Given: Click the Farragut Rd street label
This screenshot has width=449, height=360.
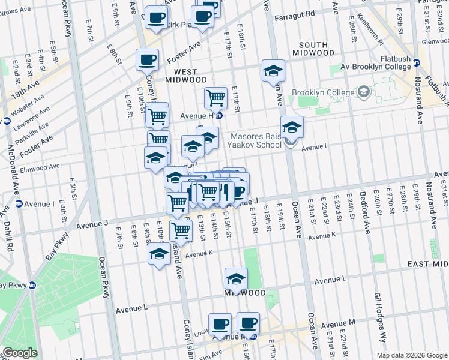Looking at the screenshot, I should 295,13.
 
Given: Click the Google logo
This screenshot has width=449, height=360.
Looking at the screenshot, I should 20,353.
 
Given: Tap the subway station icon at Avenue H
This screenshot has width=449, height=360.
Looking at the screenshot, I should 220,116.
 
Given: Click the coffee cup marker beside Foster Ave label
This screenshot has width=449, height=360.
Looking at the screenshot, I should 147,60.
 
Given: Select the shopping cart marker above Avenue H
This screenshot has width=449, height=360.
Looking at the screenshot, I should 215,98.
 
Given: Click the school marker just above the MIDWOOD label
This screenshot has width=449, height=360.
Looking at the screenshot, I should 236,278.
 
